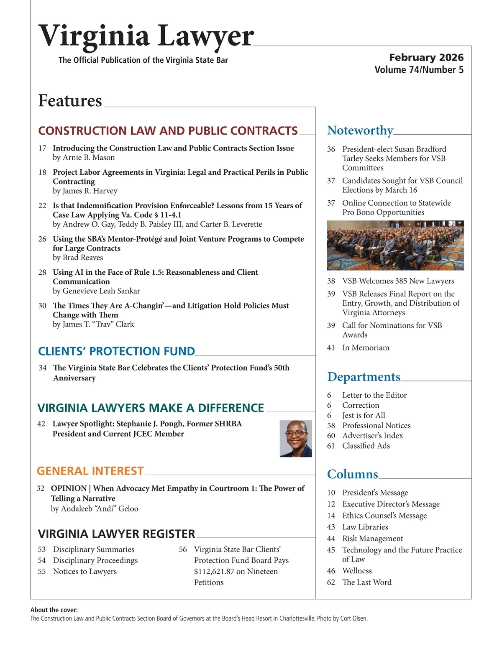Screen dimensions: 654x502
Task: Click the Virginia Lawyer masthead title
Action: (146, 36)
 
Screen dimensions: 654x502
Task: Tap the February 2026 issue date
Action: (426, 57)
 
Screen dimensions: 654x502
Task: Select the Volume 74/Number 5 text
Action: (419, 70)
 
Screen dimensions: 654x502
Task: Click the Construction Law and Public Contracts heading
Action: (168, 131)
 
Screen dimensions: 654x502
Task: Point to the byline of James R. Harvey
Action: (85, 191)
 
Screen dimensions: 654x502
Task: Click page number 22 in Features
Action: (42, 205)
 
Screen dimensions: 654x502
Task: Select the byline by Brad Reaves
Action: (78, 258)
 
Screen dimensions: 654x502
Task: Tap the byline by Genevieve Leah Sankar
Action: (96, 291)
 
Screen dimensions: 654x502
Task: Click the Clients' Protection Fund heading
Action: (116, 351)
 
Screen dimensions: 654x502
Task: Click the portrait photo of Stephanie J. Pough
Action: (296, 439)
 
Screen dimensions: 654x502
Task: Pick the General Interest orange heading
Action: (90, 471)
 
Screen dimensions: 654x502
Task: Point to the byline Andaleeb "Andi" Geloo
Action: (95, 509)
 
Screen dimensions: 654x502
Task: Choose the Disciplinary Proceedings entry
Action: (95, 560)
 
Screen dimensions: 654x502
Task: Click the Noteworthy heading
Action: (360, 130)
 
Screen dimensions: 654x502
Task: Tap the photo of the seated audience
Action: (395, 245)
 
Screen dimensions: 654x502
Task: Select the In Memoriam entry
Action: (366, 348)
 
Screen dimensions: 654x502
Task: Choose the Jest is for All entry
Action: (364, 416)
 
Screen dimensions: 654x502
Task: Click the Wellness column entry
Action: (357, 571)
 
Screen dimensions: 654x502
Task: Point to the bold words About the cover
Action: (54, 610)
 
